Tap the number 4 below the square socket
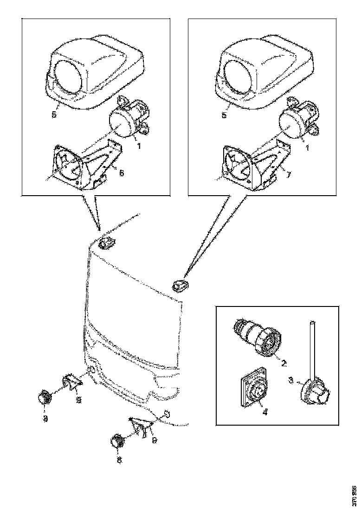265,411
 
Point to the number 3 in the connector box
290,380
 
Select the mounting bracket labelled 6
88,165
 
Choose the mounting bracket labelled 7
255,165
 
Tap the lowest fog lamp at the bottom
117,442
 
